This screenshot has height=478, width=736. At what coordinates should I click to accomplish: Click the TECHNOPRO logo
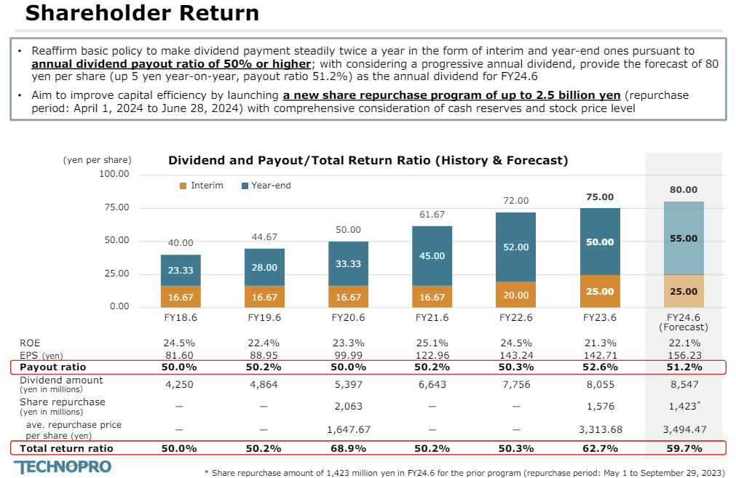coord(63,467)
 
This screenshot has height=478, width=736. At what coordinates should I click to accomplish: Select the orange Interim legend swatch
coord(183,186)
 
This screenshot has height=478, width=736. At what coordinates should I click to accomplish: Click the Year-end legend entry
coord(266,186)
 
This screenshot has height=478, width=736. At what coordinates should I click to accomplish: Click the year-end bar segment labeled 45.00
coord(432,256)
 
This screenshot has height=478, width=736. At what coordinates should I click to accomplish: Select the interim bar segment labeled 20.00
coord(515,295)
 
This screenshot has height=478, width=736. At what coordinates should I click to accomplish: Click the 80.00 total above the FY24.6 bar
coord(683,190)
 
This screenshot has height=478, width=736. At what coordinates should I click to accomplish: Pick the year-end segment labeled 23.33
coord(181,270)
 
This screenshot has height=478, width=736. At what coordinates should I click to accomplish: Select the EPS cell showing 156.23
coord(683,356)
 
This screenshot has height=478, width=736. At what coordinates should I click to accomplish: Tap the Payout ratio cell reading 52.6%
coord(600,367)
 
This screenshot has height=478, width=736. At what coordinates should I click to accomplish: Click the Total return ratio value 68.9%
coord(347,448)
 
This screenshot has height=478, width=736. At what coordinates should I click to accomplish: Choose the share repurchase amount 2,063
coord(347,406)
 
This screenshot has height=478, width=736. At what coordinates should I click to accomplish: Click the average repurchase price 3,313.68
coord(600,430)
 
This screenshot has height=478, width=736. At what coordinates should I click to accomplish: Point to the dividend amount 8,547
coord(683,383)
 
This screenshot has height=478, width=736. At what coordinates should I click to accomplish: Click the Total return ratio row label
coord(66,448)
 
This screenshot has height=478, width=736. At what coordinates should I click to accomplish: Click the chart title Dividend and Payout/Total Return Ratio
coord(368,160)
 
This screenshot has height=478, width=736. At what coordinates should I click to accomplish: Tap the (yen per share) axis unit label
coord(98,160)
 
